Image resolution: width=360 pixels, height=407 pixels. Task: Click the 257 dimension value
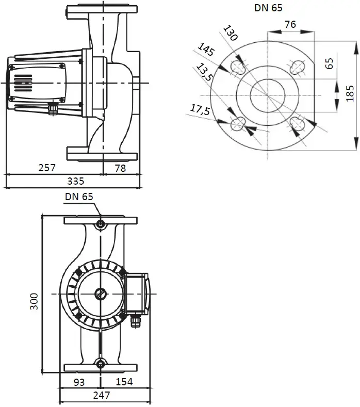click(x=47, y=168)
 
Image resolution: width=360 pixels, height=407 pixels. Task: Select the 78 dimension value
click(x=120, y=168)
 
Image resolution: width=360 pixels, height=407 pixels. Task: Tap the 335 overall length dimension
click(x=75, y=181)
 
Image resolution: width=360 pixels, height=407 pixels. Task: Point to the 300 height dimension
click(x=34, y=301)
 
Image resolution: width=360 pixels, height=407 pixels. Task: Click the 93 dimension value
click(x=79, y=382)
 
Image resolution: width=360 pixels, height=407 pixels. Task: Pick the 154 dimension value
click(x=124, y=382)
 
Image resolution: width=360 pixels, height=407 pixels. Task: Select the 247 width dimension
click(x=102, y=395)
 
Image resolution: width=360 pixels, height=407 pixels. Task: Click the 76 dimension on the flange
click(x=290, y=24)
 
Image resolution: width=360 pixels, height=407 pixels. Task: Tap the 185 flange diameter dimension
click(x=350, y=93)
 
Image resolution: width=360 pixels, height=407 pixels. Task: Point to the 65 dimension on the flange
click(x=329, y=63)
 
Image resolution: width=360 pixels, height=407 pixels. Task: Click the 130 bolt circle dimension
click(x=230, y=33)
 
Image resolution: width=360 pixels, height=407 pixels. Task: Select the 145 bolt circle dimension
click(x=206, y=50)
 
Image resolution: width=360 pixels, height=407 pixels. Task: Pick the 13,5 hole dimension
click(x=205, y=72)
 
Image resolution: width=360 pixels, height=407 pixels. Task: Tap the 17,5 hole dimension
click(x=200, y=109)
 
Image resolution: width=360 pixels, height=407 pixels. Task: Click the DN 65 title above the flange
click(x=268, y=8)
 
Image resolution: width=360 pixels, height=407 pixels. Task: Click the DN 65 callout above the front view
click(x=79, y=197)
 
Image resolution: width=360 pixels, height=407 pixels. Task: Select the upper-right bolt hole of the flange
click(x=297, y=67)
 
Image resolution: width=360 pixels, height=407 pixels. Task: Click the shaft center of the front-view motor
click(x=101, y=294)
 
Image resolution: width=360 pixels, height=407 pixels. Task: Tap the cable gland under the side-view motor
click(x=53, y=108)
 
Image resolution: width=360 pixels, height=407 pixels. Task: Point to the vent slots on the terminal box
click(x=23, y=83)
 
